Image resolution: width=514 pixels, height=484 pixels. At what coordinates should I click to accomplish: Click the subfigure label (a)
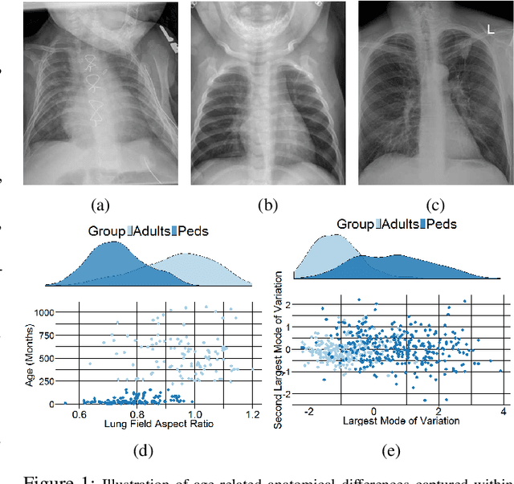(x=101, y=205)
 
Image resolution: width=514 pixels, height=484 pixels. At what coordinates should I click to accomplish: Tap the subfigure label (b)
(x=267, y=205)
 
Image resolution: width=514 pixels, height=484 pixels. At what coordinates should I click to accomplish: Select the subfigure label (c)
(x=435, y=205)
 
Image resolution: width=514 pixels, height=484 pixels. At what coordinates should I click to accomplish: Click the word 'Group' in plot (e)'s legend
(x=356, y=224)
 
